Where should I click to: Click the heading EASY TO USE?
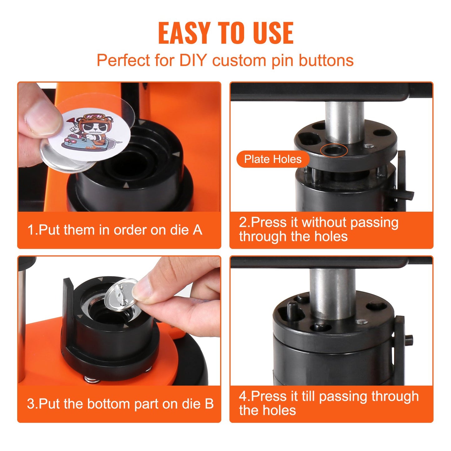click(225, 33)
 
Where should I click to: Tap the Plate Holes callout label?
click(272, 159)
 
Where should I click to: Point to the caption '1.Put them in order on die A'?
click(115, 230)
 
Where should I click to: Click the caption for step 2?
click(318, 229)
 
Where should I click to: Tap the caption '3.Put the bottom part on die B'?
click(120, 404)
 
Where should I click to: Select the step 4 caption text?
click(328, 403)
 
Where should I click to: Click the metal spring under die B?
click(92, 380)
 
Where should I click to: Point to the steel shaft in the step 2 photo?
click(344, 122)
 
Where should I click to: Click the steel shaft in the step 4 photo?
click(332, 293)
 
